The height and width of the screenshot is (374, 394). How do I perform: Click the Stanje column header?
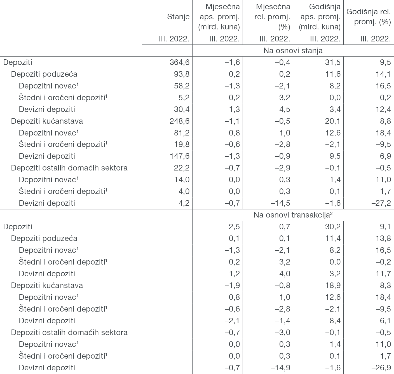point(178,17)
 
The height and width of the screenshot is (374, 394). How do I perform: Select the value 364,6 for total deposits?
point(179,62)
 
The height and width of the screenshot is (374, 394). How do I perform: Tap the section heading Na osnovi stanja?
point(293,51)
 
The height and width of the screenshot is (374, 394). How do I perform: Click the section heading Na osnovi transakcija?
point(293,215)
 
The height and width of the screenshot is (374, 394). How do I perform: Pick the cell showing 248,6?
point(179,121)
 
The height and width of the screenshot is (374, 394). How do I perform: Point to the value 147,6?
point(179,156)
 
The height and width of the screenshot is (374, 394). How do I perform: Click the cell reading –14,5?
point(280,203)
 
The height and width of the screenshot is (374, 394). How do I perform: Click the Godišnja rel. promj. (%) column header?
point(369,17)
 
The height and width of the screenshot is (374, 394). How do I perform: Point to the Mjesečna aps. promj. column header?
point(219,17)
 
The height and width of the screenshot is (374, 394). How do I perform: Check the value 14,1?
point(383,74)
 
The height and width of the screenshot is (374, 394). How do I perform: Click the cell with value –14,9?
point(280,368)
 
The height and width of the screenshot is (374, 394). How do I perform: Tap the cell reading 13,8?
point(383,239)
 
